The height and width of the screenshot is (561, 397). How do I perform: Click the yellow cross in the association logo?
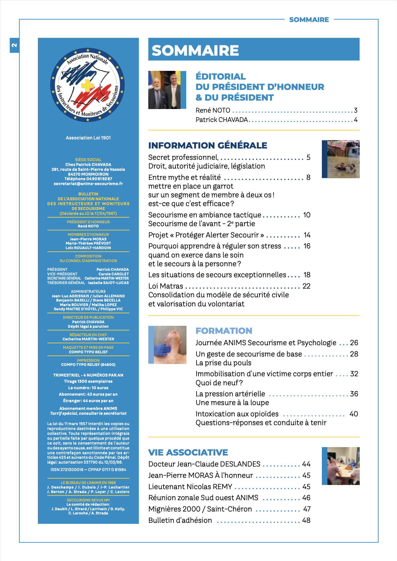coord(87,85)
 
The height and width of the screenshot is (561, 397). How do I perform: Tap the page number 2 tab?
coord(14,45)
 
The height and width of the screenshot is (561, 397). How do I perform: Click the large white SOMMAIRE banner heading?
coord(195,50)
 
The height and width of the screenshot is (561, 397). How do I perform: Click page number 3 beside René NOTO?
coord(356,110)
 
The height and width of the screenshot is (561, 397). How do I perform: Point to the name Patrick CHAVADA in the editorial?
coord(222,120)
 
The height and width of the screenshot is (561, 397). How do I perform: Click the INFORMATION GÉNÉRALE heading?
coord(208,146)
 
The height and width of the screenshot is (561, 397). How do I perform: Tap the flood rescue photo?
coord(343,159)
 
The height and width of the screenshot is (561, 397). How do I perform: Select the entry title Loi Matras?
coord(165,286)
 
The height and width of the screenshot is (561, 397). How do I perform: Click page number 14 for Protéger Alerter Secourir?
coord(307,235)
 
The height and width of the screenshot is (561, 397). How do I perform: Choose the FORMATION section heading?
coord(224,331)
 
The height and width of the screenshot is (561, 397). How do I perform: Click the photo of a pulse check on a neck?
coord(169,345)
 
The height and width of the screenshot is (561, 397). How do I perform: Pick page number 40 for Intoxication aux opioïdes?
coord(354,414)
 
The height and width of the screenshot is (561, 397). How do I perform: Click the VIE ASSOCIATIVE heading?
coord(188,452)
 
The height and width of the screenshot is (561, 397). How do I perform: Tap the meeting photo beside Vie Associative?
coord(343,466)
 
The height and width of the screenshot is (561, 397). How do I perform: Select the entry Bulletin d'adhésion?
coord(180,520)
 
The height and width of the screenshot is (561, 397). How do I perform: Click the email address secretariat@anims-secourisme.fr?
coord(88,184)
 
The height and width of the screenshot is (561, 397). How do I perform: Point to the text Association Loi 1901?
coord(88,138)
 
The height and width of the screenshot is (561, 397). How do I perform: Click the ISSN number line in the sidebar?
coord(88,469)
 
